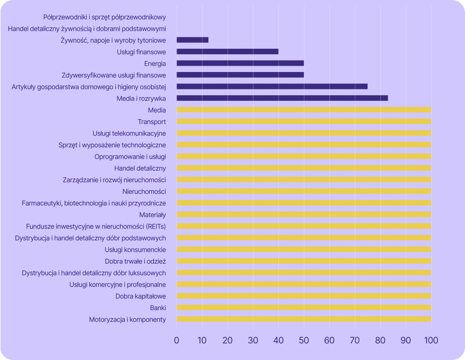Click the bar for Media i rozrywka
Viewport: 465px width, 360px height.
pyautogui.click(x=282, y=98)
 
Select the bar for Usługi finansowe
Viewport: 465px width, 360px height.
pyautogui.click(x=227, y=52)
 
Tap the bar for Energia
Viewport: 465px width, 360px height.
pyautogui.click(x=240, y=63)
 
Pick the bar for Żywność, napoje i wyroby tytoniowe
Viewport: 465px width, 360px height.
pyautogui.click(x=193, y=40)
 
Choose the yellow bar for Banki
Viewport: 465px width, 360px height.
pyautogui.click(x=304, y=308)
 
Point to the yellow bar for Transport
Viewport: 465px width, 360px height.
pyautogui.click(x=304, y=121)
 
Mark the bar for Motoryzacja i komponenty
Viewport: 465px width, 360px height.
pyautogui.click(x=304, y=319)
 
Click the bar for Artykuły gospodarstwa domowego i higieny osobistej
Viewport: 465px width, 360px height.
pyautogui.click(x=272, y=86)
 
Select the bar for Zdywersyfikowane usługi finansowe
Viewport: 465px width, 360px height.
pyautogui.click(x=240, y=75)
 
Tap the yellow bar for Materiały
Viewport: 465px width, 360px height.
pyautogui.click(x=304, y=215)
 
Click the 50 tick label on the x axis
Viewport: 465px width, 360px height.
pyautogui.click(x=304, y=340)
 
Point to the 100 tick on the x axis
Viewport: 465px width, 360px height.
pyautogui.click(x=431, y=340)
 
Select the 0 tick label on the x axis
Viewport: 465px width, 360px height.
pyautogui.click(x=177, y=340)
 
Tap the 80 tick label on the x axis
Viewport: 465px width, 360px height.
pyautogui.click(x=380, y=340)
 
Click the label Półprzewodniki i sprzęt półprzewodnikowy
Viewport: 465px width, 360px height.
pyautogui.click(x=104, y=17)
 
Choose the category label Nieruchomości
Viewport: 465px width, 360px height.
pyautogui.click(x=144, y=191)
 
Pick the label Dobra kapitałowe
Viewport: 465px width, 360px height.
pyautogui.click(x=141, y=296)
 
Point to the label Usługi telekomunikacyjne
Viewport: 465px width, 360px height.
pyautogui.click(x=129, y=133)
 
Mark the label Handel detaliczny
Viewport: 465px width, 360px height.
pyautogui.click(x=140, y=168)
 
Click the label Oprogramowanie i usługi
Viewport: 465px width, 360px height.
pyautogui.click(x=130, y=157)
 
